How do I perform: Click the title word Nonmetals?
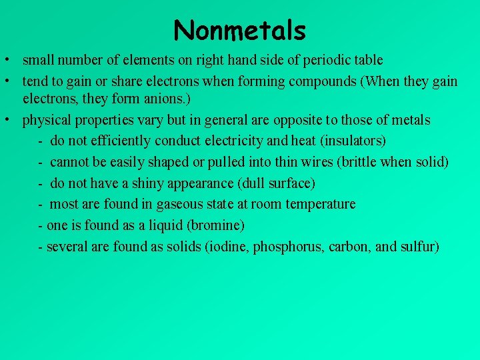point(239,31)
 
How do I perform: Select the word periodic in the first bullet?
point(325,60)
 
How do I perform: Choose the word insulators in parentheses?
point(355,141)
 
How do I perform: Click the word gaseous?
point(177,204)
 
